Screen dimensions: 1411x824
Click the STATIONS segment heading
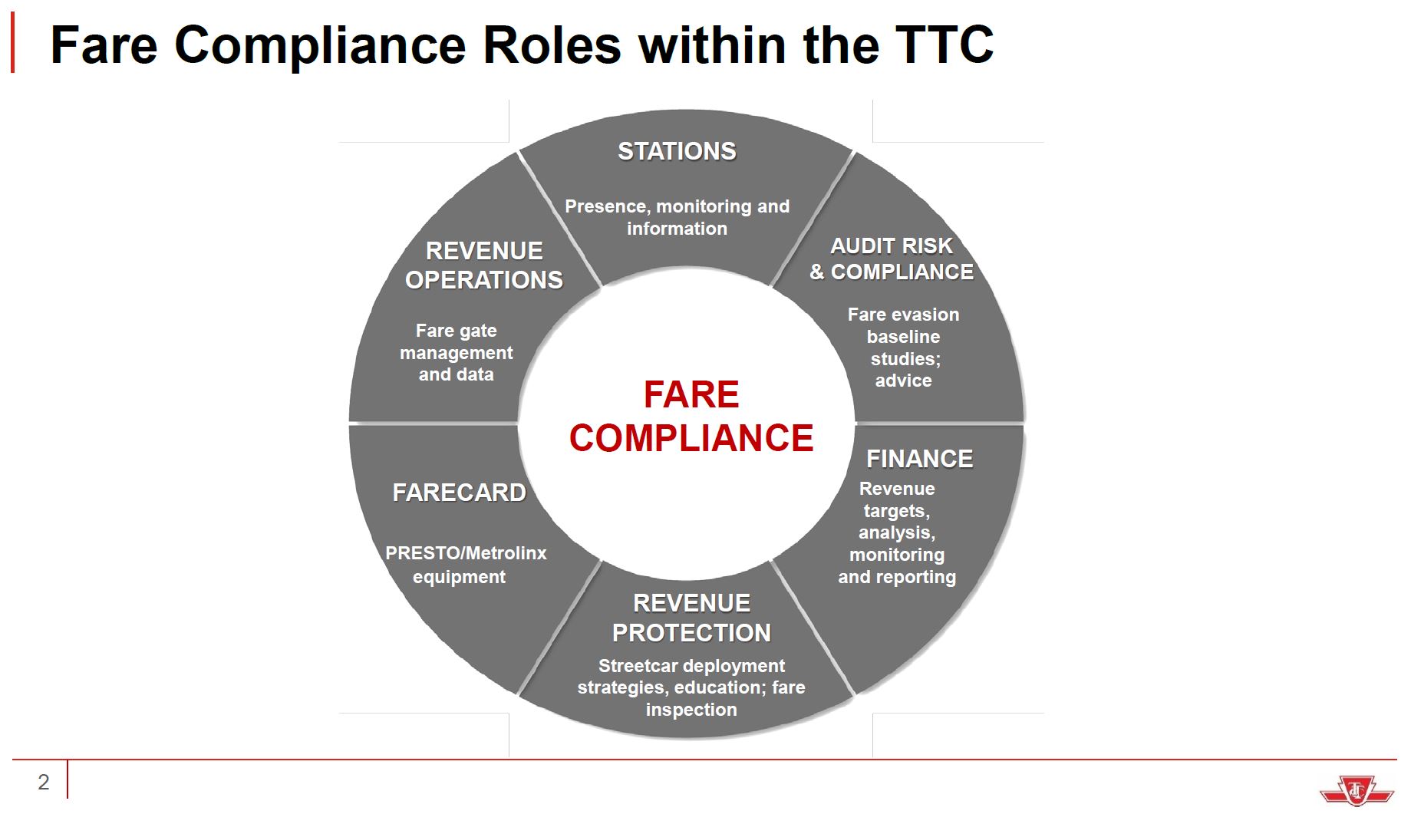677,151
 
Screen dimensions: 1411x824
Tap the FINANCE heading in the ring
919,459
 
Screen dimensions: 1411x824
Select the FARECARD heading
459,493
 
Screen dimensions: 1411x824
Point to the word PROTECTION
691,633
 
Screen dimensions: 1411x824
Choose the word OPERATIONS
484,280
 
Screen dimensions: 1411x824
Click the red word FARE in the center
691,394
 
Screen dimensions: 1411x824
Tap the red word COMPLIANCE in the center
691,438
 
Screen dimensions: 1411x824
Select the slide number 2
44,782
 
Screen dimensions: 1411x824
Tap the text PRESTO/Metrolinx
466,553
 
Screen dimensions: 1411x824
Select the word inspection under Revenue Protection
691,710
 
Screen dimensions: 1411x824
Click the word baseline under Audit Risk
903,337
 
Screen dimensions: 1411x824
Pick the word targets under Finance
896,511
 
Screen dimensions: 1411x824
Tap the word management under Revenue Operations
457,353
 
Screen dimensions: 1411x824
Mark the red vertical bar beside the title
12,44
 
